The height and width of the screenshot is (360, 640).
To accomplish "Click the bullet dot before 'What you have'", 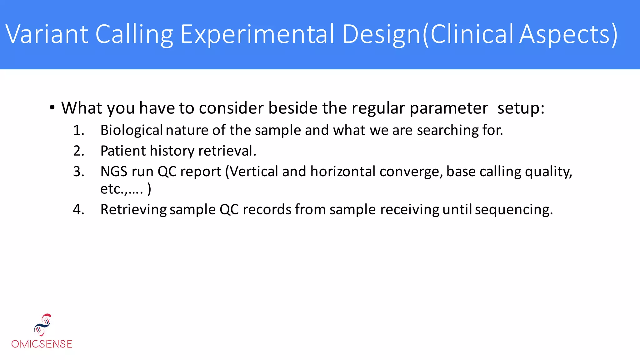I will click(x=52, y=108).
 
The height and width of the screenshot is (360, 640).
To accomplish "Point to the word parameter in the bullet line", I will click(x=448, y=108).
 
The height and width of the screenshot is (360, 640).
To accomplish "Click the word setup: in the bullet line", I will click(x=521, y=108).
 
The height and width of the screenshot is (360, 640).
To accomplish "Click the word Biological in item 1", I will click(x=131, y=130).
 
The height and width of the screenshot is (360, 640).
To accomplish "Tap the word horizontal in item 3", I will click(x=343, y=172).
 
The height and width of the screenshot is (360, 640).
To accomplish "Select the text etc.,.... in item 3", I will click(x=122, y=189).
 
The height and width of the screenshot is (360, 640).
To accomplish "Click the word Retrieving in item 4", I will click(x=133, y=209).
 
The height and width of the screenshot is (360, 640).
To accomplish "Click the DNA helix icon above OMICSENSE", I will click(x=43, y=325).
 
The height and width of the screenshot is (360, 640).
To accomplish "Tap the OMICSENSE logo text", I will click(x=42, y=344).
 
